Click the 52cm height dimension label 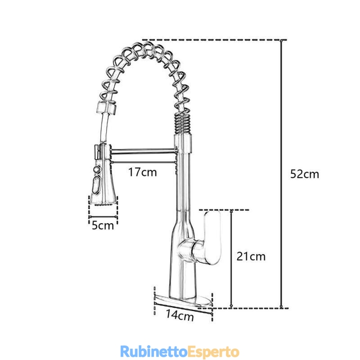(305, 174)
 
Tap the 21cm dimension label (251, 256)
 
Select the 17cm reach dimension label (142, 172)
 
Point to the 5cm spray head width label (103, 225)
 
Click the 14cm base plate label (180, 315)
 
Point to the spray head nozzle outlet (103, 203)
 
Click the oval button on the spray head (96, 184)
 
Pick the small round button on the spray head (96, 170)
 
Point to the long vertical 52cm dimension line (282, 174)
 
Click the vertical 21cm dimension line (231, 259)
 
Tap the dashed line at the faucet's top (214, 40)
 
